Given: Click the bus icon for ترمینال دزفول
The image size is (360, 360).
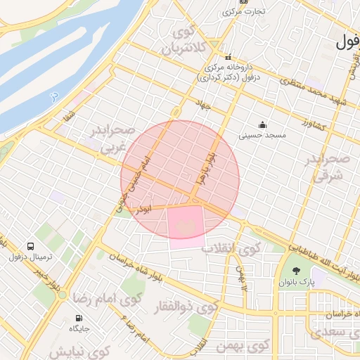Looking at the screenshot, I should tap(31, 246).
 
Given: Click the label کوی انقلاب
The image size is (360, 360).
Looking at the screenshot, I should tap(231, 248).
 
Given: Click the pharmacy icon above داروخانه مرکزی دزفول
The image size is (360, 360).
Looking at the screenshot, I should tap(227, 58).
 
